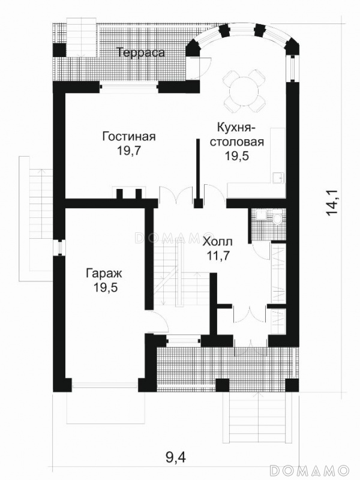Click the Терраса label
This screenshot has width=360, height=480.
point(141,53)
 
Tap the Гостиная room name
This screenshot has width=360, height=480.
point(129,136)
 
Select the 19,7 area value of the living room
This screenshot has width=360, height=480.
point(128,151)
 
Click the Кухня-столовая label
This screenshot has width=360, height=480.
point(236,134)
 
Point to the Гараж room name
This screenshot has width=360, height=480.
point(104,274)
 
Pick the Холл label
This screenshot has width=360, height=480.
point(218,242)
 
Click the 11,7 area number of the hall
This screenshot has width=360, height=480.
point(218,256)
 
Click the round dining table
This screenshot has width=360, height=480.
point(244,91)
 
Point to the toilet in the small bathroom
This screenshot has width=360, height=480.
point(277,218)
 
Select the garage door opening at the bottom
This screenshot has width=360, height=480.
point(105,386)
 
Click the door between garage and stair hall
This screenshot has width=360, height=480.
point(156,321)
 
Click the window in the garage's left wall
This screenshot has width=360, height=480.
point(59,247)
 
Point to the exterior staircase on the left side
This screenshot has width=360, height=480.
point(36,218)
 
